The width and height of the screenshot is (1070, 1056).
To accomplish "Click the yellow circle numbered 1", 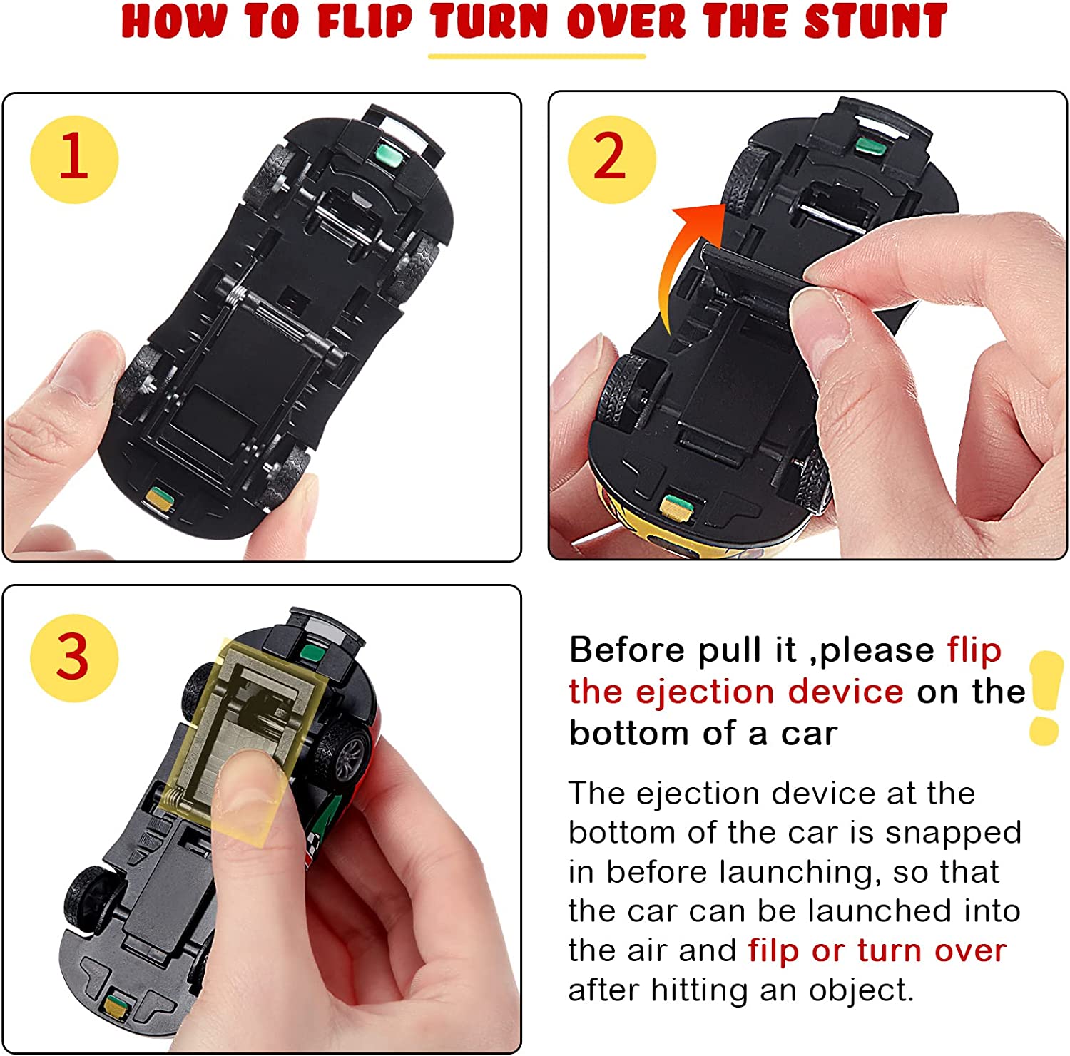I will (x=73, y=159).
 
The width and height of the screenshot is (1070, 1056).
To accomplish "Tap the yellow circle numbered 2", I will (x=611, y=159).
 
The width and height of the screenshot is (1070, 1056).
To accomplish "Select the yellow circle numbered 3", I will (x=73, y=657).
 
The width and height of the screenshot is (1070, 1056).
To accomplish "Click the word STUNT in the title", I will (x=875, y=21).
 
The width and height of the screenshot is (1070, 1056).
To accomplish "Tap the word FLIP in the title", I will (x=365, y=21).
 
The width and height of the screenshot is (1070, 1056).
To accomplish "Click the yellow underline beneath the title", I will (x=536, y=56).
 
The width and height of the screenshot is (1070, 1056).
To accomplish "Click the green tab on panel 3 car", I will (x=310, y=651).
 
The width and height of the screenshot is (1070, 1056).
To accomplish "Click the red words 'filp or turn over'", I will (x=877, y=950).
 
